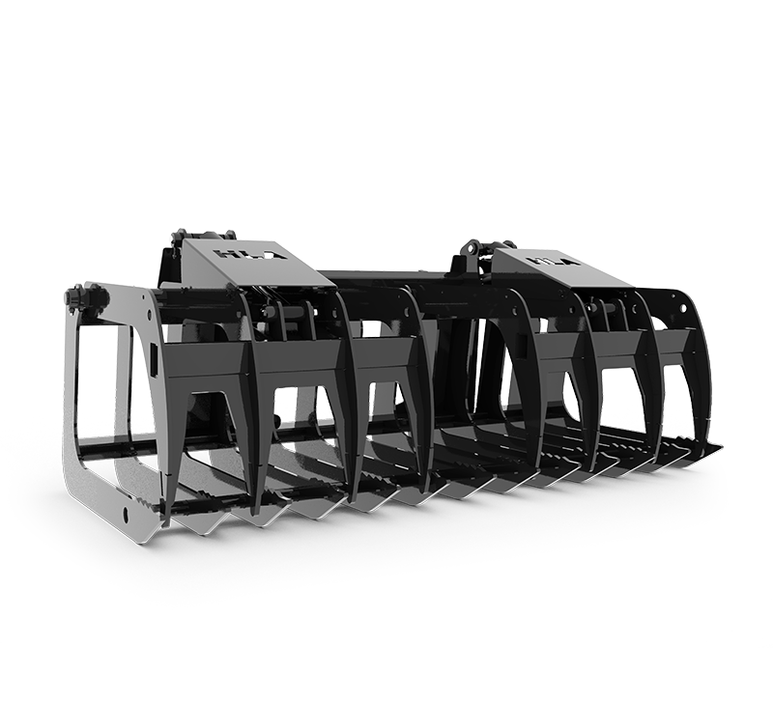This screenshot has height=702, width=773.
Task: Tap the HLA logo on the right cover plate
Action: click(x=548, y=260)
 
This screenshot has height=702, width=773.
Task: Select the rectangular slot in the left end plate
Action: click(x=152, y=363)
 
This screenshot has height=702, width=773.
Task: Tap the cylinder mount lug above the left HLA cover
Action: click(x=181, y=238)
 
